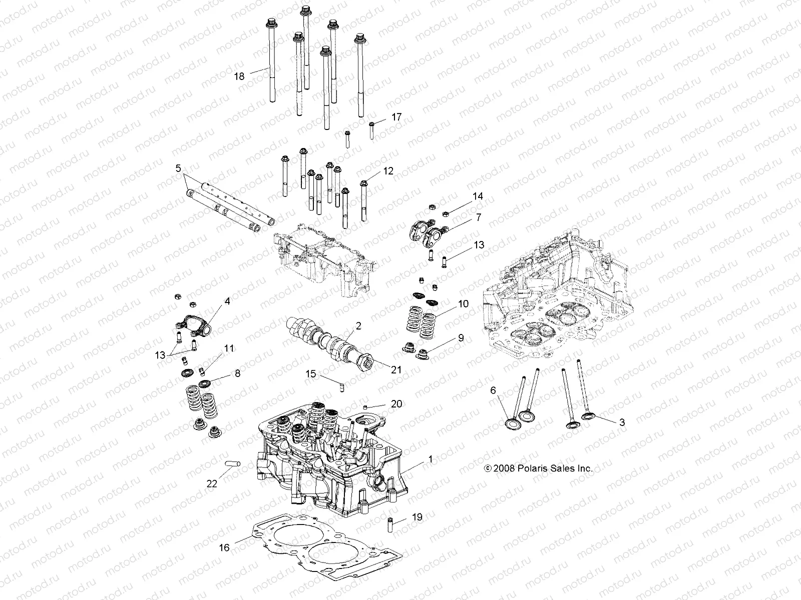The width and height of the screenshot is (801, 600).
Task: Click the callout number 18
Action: (239, 76)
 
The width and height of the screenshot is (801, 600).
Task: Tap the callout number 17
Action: (396, 117)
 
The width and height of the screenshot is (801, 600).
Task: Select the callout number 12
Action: (388, 171)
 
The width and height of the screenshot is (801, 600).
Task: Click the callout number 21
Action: (396, 369)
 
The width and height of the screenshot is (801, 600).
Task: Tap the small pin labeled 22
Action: (233, 463)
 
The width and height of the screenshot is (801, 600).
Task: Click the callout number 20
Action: (396, 404)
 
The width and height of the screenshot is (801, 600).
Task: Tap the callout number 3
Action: (622, 422)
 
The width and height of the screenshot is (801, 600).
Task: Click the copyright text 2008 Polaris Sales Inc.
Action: (538, 468)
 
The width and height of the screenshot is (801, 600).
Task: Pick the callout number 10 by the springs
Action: (463, 303)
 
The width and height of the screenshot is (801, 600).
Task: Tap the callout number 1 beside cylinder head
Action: (429, 459)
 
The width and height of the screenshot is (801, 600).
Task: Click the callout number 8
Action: (237, 373)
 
